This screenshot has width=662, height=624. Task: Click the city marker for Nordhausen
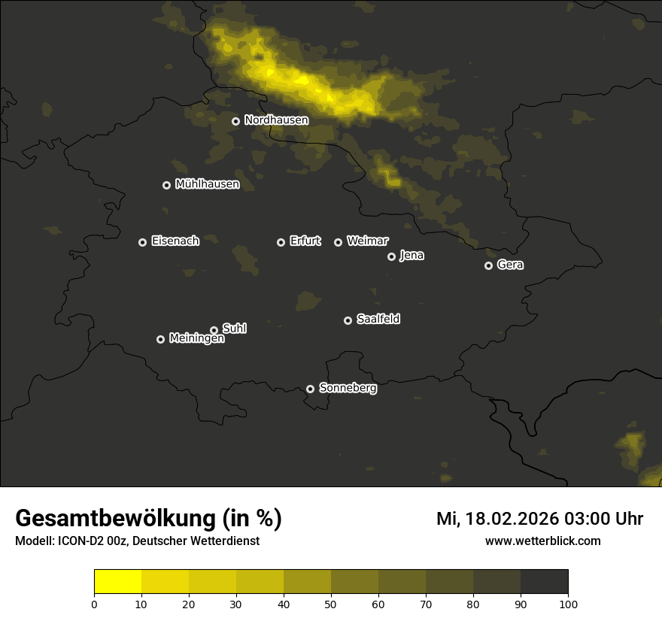click(235, 121)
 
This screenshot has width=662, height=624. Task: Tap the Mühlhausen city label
click(207, 184)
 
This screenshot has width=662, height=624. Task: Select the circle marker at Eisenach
click(142, 242)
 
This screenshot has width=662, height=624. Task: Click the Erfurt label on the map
click(305, 241)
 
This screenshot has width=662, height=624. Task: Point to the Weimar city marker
click(338, 242)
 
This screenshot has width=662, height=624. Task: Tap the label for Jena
click(411, 256)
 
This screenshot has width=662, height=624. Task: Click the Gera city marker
click(488, 265)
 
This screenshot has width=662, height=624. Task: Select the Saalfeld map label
click(378, 320)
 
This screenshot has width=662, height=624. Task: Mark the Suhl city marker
click(214, 330)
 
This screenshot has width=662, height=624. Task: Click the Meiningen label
click(196, 339)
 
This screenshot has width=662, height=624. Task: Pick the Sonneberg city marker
click(310, 389)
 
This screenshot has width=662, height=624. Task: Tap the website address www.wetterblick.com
click(542, 541)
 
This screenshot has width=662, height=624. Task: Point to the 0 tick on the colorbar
click(94, 604)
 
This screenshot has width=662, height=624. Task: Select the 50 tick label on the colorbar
click(331, 604)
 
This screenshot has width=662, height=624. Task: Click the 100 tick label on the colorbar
click(568, 604)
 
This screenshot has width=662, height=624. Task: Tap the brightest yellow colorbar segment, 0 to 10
click(117, 582)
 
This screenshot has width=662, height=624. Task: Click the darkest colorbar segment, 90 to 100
click(544, 582)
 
